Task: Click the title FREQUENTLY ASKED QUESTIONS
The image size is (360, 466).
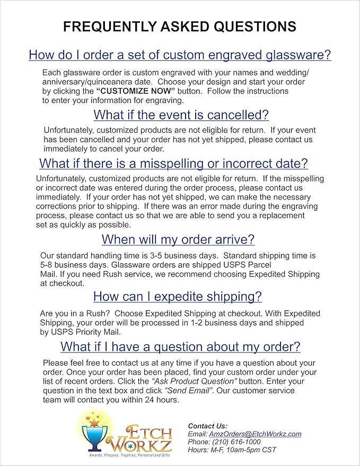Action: click(180, 27)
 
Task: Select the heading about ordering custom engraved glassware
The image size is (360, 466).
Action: click(180, 55)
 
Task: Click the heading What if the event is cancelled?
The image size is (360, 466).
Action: click(181, 115)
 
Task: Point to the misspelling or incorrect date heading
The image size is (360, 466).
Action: click(174, 163)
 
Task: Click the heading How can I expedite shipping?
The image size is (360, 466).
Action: click(177, 296)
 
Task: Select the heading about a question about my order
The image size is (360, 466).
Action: click(180, 347)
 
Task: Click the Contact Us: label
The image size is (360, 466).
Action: click(207, 426)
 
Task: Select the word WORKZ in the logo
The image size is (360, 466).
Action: click(143, 443)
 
